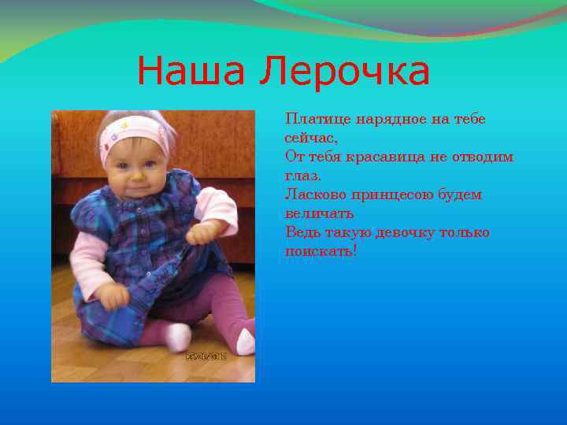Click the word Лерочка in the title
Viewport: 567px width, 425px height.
[x=346, y=72]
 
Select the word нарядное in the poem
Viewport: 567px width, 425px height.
[x=391, y=119]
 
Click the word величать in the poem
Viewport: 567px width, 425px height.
[x=319, y=213]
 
